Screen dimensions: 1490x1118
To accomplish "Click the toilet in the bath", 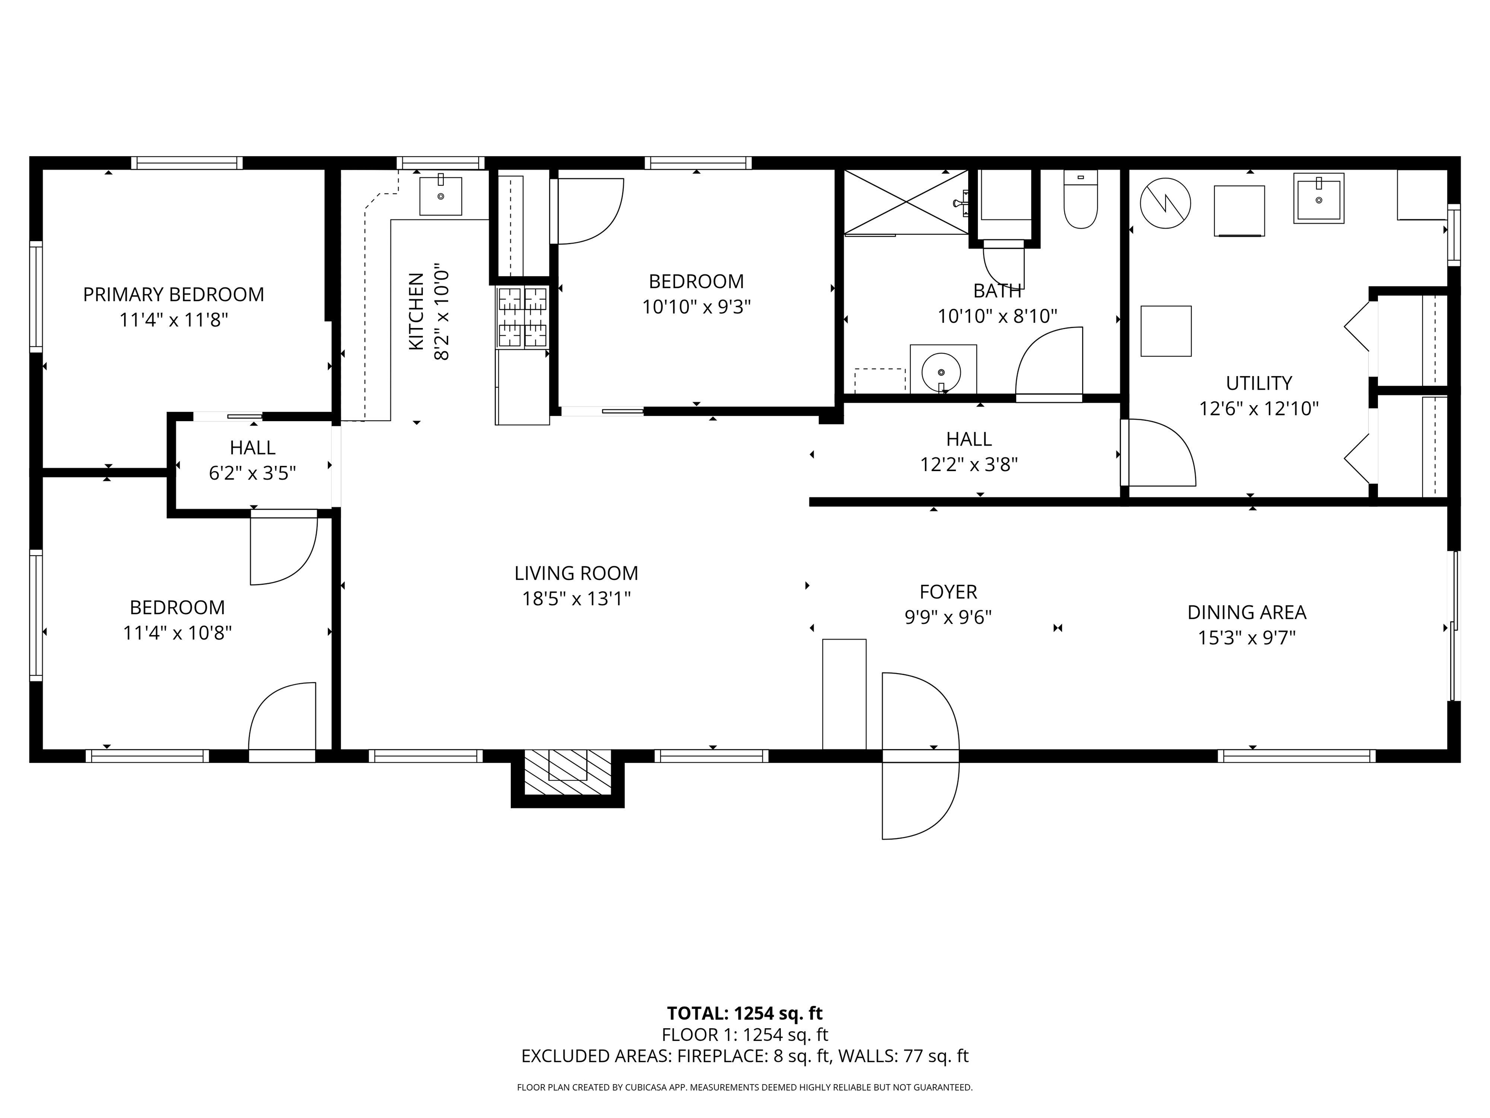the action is [x=1081, y=199].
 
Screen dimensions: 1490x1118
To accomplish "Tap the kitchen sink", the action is [x=440, y=196].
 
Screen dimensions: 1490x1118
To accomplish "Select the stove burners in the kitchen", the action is [x=523, y=317].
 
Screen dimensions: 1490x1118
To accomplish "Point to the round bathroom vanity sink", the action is [x=942, y=369].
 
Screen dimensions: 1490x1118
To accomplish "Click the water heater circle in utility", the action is [x=1166, y=203].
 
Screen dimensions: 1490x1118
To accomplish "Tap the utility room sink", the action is [x=1318, y=198].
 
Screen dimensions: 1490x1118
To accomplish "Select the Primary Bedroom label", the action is [x=174, y=295].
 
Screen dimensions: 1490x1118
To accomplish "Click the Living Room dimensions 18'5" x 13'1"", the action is [x=577, y=598].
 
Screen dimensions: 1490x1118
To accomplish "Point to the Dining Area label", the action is [x=1247, y=612].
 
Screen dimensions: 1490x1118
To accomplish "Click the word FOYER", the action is [x=948, y=592].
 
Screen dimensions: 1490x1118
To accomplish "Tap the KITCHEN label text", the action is [x=416, y=312].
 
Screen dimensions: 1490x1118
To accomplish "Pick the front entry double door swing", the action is [x=920, y=756].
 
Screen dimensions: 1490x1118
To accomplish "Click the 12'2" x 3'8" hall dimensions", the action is [x=969, y=464].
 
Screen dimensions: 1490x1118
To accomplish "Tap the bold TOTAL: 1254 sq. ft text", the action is [x=745, y=1014].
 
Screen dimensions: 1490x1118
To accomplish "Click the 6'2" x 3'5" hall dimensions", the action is [x=253, y=473].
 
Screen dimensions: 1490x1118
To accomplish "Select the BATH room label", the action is [x=998, y=291].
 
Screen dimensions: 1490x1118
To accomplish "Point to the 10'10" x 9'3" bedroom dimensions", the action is [x=696, y=307].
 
